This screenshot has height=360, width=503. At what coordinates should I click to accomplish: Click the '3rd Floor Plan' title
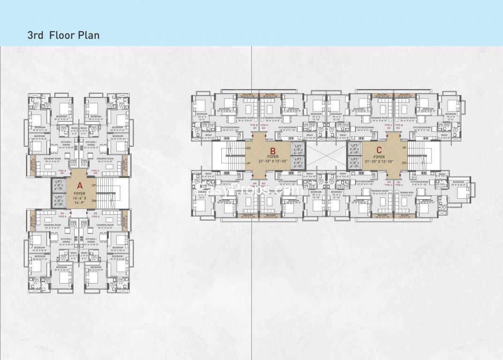click(x=63, y=35)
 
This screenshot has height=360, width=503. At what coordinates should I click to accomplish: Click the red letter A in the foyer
click(x=79, y=184)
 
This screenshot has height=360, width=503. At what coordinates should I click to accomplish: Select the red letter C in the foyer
click(x=379, y=150)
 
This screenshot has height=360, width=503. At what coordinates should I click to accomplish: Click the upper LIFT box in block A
click(x=59, y=185)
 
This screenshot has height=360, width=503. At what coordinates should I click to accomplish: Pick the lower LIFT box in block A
click(x=59, y=201)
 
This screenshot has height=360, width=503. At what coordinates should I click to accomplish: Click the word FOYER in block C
click(x=379, y=157)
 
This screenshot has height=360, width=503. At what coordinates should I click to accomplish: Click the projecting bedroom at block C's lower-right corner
click(x=460, y=187)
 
